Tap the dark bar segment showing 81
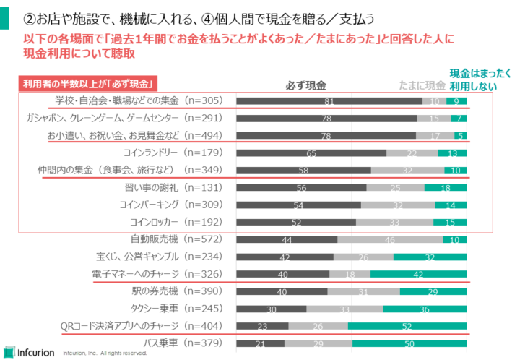pos(329,101)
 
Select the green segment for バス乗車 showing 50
pos(409,343)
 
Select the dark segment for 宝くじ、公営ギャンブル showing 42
pos(284,257)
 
